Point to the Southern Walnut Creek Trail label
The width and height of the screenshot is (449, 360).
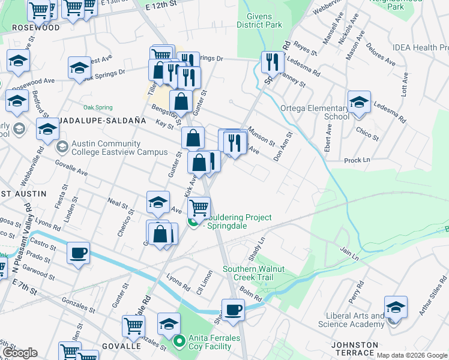pos(256,273)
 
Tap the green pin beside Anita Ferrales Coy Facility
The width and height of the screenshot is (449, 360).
pos(178,342)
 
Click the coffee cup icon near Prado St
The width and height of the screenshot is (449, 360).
pos(78,253)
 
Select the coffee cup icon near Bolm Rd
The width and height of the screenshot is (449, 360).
pos(233,310)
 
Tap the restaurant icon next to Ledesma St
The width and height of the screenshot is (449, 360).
pos(273,61)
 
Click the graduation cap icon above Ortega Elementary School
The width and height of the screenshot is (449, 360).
pos(359,101)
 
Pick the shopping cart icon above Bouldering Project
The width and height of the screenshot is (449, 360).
pos(199,208)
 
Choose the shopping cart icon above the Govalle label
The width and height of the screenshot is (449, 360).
pos(133,326)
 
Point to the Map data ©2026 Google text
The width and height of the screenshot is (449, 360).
pos(412,355)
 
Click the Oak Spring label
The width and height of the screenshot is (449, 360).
pos(98,107)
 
